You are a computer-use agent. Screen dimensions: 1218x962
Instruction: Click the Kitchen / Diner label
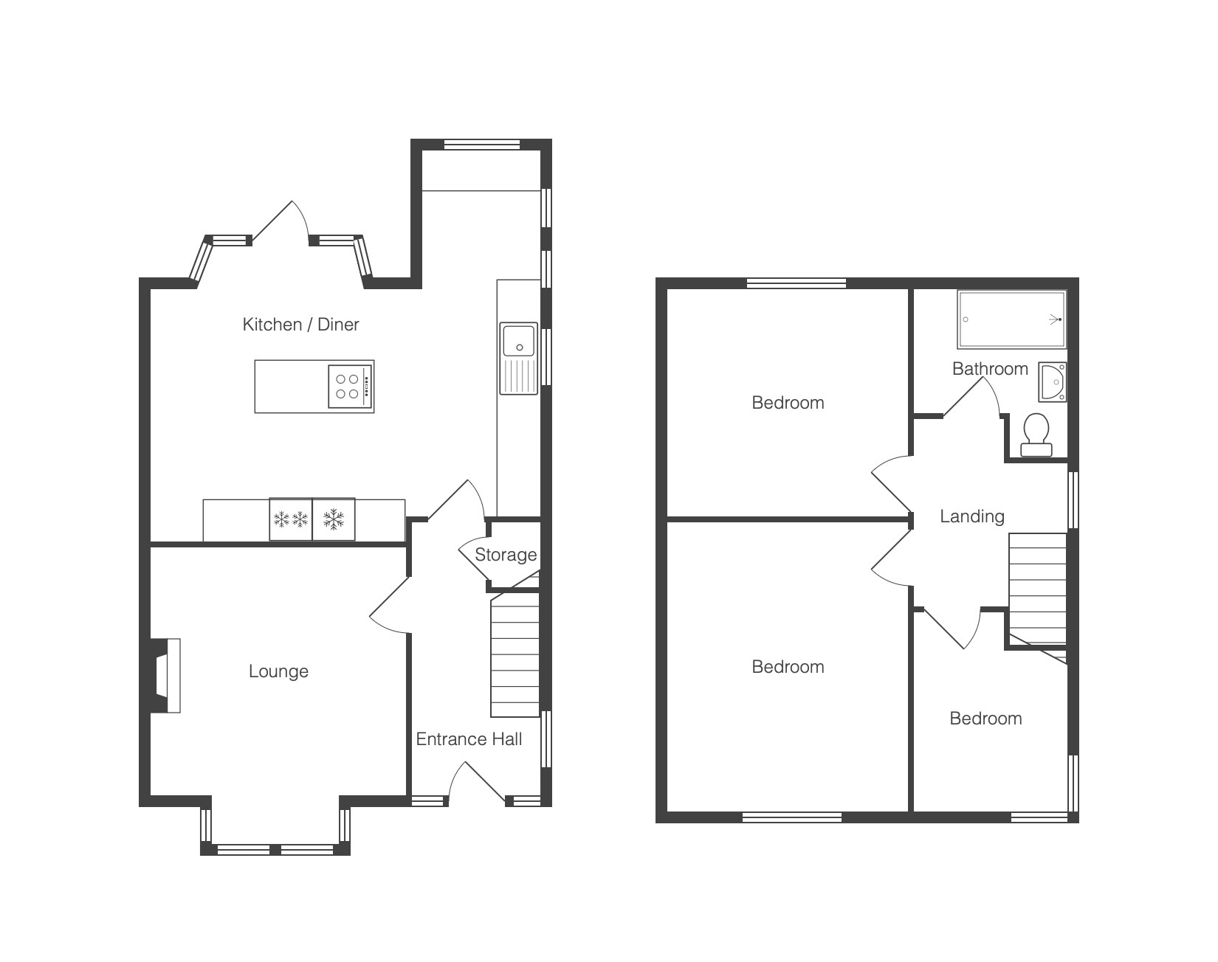coord(300,324)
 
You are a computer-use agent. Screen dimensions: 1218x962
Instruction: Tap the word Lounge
coord(278,671)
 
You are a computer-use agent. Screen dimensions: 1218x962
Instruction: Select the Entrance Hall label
coord(469,739)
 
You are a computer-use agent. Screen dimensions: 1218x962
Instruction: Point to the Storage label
coord(506,555)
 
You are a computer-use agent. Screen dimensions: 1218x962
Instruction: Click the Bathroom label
coord(990,369)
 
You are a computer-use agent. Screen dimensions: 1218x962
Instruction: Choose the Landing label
coord(972,516)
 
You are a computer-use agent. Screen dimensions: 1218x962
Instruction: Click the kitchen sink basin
coord(520,340)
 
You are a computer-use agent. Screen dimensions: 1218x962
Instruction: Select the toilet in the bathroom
coord(1036,435)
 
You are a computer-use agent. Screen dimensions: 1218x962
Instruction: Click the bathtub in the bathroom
coord(1011,319)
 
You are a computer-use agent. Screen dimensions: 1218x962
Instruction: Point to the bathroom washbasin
coord(1053,381)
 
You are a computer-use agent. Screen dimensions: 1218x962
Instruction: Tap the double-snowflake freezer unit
coord(291,519)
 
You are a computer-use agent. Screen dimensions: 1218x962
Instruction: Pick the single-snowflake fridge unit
coord(334,519)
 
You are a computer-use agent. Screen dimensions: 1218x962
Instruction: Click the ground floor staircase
coord(515,656)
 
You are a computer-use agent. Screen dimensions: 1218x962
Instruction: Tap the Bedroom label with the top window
coord(788,403)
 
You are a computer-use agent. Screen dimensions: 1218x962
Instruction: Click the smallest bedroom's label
coord(985,719)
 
